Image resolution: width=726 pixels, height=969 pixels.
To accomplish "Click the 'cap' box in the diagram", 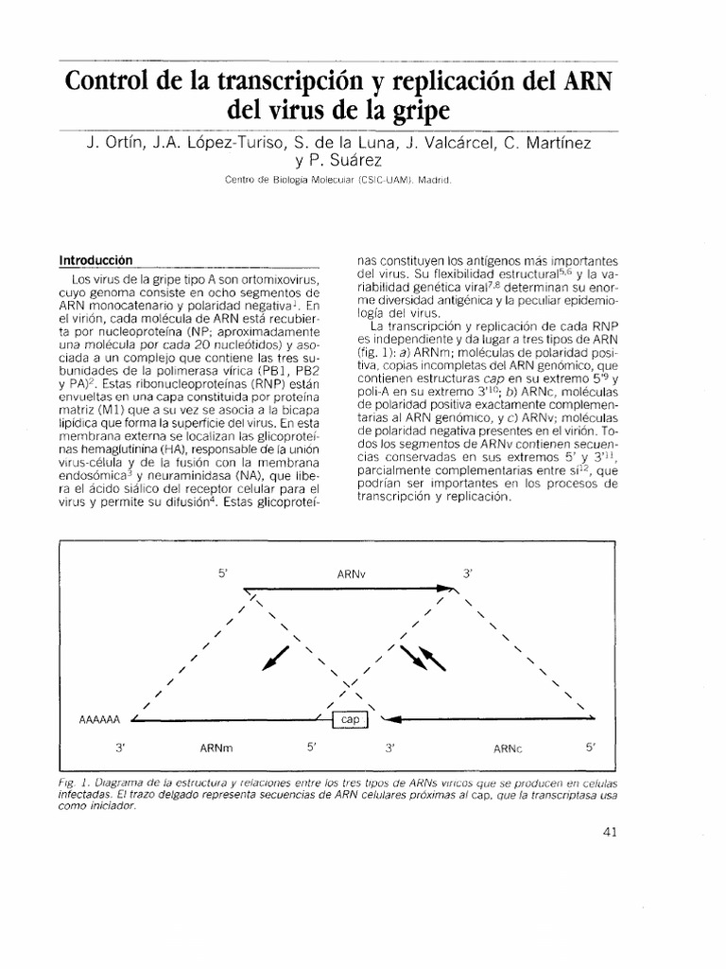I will [352, 720].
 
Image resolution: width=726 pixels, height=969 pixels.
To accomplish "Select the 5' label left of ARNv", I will [224, 573].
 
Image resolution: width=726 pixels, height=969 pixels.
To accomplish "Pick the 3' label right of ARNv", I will [467, 573].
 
